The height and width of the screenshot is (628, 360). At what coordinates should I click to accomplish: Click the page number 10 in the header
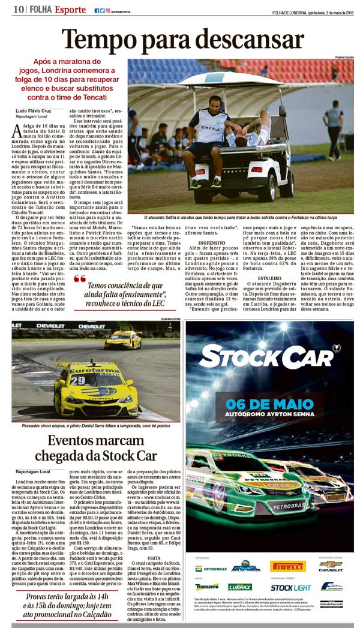click(x=17, y=9)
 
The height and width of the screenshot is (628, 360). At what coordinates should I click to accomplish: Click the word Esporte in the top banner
click(x=71, y=9)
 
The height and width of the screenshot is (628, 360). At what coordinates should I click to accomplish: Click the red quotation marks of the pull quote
click(x=80, y=278)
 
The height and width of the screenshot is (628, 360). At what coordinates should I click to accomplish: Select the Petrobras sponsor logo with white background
click(x=211, y=568)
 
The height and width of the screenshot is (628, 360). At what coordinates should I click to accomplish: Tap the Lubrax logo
click(x=240, y=587)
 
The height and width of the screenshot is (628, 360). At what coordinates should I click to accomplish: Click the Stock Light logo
click(x=290, y=588)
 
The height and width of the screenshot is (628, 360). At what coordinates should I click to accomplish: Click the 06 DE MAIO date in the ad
click(x=270, y=403)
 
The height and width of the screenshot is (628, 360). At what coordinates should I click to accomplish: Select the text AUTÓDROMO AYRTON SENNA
click(x=270, y=414)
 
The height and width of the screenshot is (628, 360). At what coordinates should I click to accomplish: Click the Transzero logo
click(x=207, y=587)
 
